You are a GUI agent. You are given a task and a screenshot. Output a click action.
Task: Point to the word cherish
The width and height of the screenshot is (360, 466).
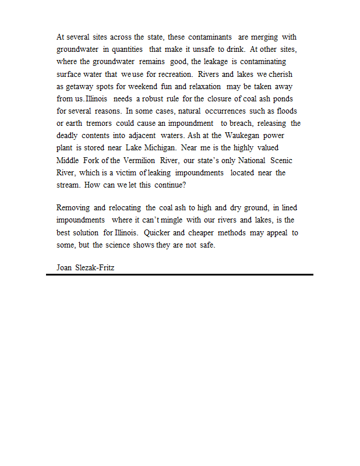(281, 74)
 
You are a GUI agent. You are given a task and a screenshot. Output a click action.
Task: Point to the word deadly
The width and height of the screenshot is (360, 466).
(67, 135)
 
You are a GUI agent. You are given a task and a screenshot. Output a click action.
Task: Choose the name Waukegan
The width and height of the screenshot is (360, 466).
(237, 135)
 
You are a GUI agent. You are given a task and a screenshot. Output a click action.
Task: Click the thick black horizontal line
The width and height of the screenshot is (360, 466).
(179, 274)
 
